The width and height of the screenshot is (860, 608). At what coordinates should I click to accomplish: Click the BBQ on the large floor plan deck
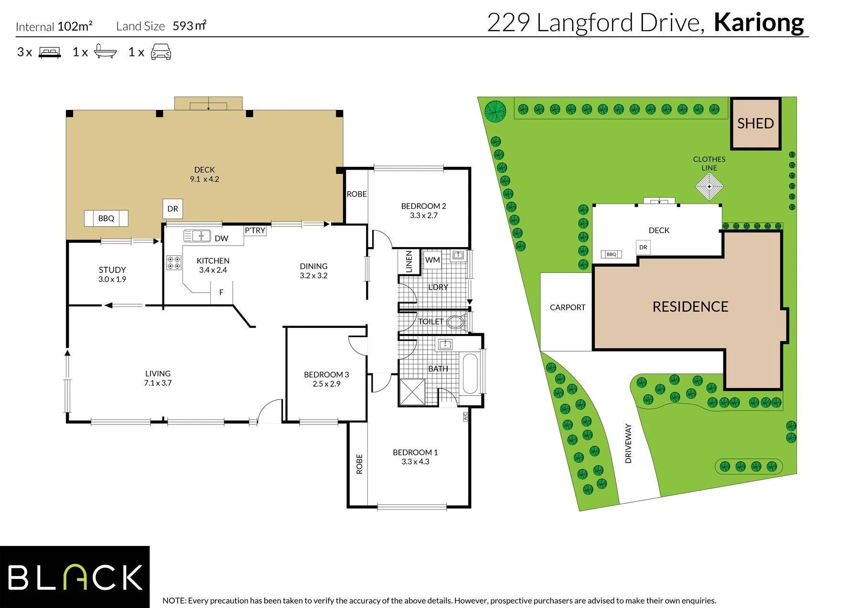click(106, 218)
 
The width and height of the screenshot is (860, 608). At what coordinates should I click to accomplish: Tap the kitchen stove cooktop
click(173, 262)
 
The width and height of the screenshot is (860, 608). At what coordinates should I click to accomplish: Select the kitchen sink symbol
click(198, 236)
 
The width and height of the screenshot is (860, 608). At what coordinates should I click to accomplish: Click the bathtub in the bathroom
click(470, 373)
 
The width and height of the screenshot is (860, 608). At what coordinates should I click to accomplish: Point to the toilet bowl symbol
click(457, 322)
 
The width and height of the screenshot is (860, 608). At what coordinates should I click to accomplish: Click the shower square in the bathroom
click(412, 392)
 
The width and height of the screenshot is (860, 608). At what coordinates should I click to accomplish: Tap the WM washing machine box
click(432, 260)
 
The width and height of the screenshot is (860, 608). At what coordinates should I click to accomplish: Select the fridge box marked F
click(221, 292)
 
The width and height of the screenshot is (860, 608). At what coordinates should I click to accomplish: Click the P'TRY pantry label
click(255, 230)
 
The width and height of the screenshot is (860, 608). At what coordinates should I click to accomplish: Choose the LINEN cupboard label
click(409, 262)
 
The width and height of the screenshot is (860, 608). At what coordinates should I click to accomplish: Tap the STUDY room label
click(112, 270)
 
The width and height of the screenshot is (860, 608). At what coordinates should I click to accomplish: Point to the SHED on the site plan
click(755, 124)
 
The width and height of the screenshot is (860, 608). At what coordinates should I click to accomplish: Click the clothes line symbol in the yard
click(709, 186)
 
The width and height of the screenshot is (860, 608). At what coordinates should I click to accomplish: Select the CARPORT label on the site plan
click(568, 307)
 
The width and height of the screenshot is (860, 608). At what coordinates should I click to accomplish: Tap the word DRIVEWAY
click(628, 444)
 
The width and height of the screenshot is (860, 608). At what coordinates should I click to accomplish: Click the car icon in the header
click(161, 52)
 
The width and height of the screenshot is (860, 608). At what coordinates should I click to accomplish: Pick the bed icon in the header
click(50, 53)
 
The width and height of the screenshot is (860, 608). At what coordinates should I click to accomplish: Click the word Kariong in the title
click(759, 22)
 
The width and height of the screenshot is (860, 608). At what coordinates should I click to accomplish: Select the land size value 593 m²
click(190, 26)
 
